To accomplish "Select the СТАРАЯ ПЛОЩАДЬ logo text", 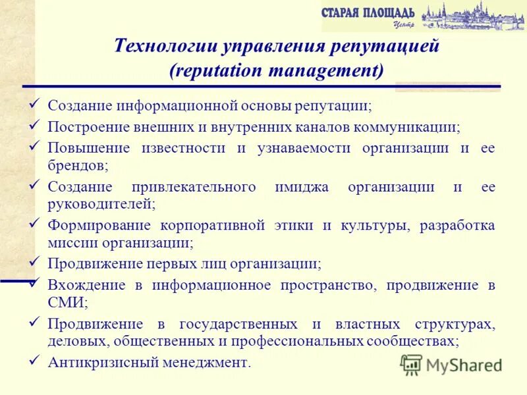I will [x=368, y=13].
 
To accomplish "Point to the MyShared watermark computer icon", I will [x=411, y=363].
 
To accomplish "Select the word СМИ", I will [x=67, y=302].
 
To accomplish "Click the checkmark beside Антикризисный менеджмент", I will [x=36, y=359].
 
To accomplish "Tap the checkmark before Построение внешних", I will [x=36, y=124].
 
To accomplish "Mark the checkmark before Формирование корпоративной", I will [x=36, y=223].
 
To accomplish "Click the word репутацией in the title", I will [x=384, y=47].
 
